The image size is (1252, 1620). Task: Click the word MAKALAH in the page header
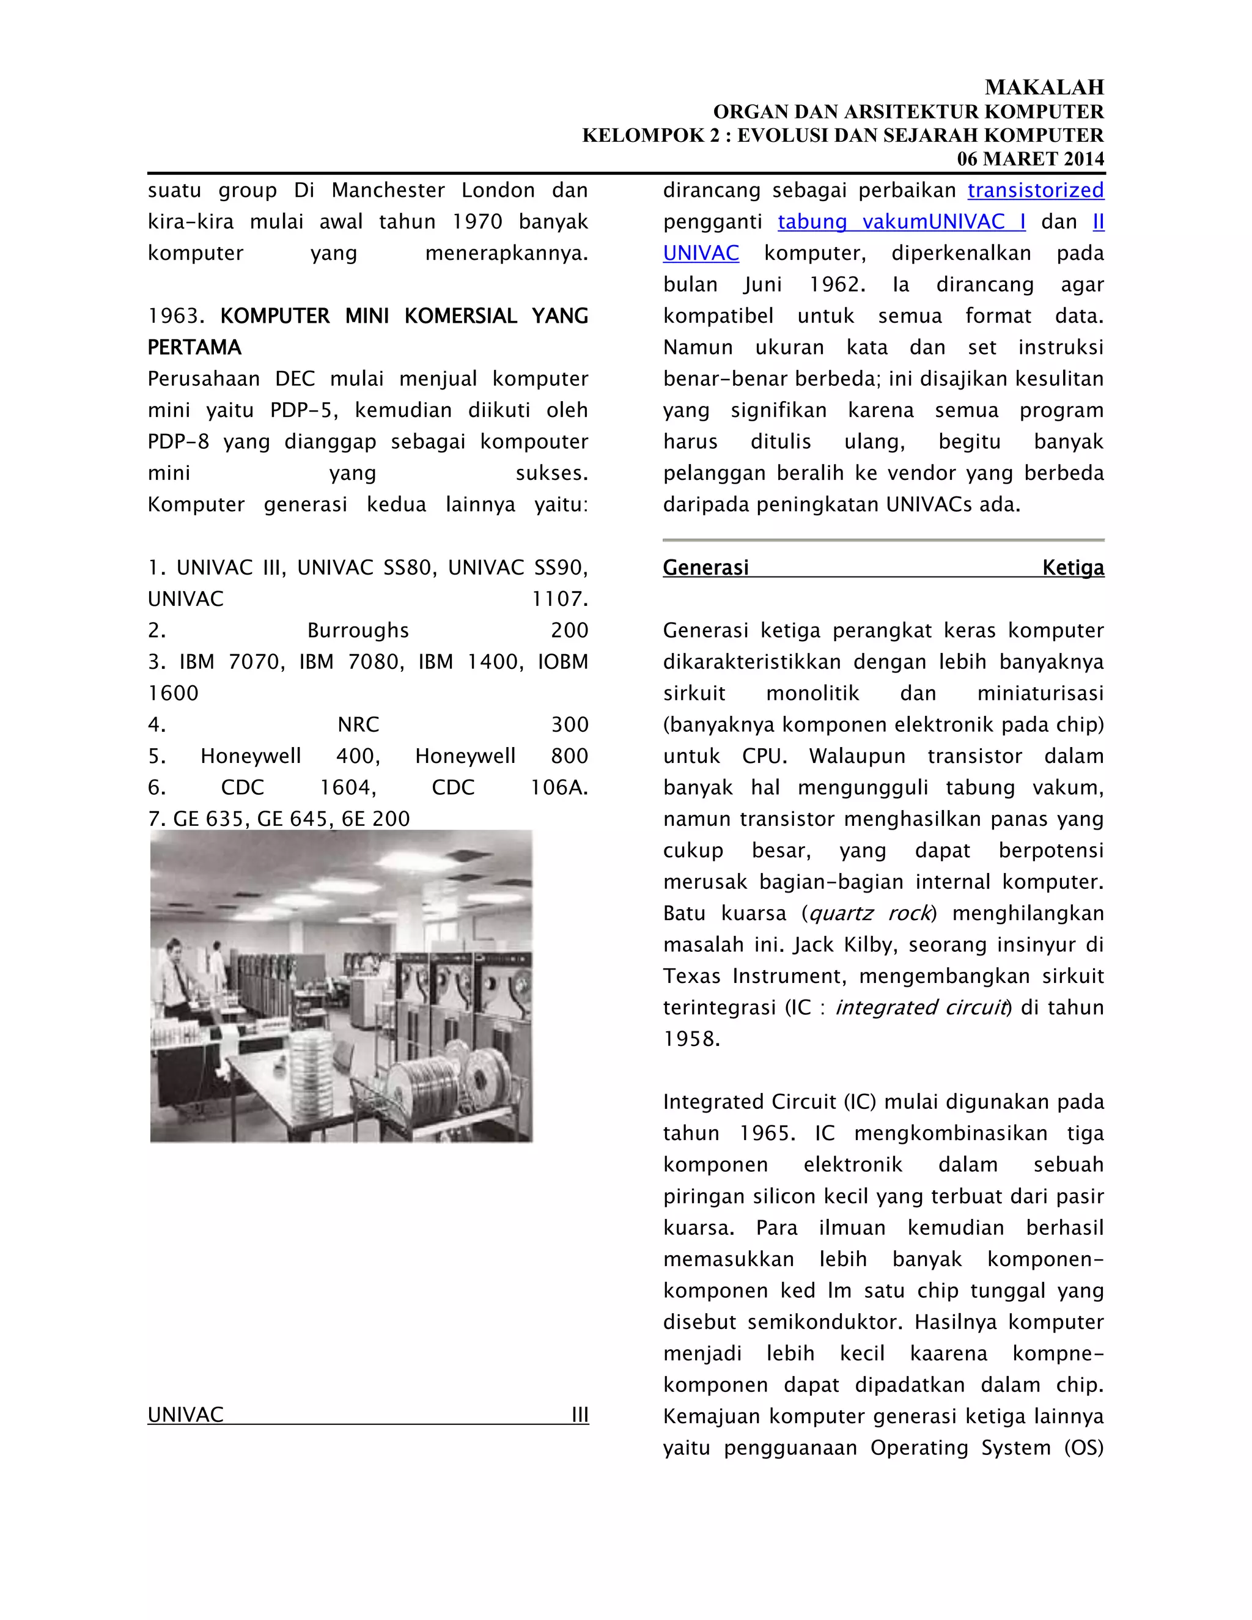click(x=1044, y=87)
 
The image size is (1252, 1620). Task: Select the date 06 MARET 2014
click(x=1030, y=159)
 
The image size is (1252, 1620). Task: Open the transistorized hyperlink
click(x=1036, y=191)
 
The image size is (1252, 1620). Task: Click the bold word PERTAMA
click(x=194, y=348)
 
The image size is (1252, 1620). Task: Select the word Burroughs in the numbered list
click(x=358, y=630)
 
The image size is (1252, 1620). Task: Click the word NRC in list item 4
click(x=358, y=724)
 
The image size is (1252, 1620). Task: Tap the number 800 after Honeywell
click(x=570, y=756)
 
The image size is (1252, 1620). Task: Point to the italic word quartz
click(x=841, y=913)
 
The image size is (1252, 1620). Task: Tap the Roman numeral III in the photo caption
click(x=580, y=1415)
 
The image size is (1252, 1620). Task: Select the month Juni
click(x=765, y=285)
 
